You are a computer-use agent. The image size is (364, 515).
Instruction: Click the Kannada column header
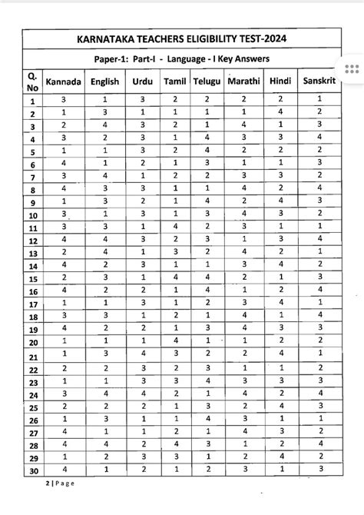[64, 81]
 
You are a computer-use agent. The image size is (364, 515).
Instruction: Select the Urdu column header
[144, 81]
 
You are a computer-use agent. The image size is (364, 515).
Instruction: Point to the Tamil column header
[176, 81]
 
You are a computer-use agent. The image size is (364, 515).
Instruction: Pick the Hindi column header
[282, 81]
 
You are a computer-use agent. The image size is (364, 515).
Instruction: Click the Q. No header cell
[33, 81]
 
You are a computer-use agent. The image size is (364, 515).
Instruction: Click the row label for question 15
[33, 278]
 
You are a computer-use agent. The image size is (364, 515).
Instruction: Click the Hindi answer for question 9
[282, 201]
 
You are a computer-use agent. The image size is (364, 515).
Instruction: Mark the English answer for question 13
[104, 252]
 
